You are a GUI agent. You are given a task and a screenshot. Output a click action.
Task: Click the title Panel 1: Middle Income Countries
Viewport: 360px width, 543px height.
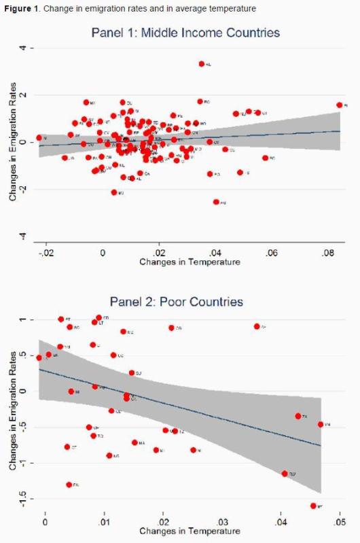(185, 33)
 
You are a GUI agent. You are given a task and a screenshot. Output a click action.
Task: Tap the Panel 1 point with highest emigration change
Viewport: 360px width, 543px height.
(202, 64)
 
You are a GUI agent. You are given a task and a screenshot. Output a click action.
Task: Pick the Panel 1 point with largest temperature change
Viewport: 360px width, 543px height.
(339, 105)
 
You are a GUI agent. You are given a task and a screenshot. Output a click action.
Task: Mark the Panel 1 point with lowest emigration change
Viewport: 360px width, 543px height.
(216, 202)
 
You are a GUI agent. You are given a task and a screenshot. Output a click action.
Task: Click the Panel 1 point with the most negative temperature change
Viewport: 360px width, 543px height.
(39, 138)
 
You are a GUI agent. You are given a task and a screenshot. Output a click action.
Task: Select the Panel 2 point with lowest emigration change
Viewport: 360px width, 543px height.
(313, 506)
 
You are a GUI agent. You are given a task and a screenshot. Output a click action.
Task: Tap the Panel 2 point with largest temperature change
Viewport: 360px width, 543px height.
(321, 424)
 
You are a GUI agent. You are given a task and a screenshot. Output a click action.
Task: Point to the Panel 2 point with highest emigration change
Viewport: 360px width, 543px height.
(98, 317)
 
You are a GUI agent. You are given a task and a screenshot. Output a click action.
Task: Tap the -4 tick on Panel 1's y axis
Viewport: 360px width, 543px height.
(22, 236)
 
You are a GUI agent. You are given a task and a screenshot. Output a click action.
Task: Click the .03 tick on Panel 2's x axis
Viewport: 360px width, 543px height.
(221, 522)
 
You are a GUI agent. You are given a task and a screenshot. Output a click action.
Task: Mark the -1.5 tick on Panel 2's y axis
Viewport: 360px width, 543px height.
(22, 501)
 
